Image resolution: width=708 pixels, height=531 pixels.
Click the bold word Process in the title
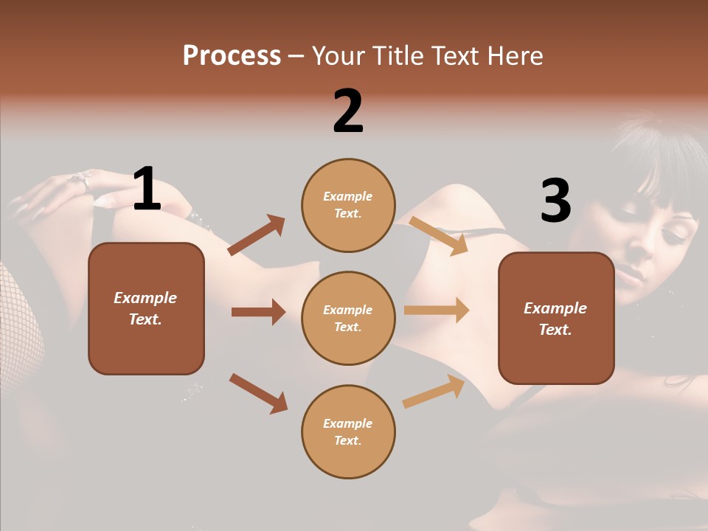232,56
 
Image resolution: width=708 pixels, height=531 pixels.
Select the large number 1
146,189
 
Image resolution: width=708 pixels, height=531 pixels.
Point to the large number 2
348,111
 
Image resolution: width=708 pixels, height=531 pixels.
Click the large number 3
555,201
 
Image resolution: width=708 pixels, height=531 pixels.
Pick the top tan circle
348,204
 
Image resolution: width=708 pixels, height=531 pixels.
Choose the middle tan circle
348,318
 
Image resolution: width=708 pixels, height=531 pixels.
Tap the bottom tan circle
348,431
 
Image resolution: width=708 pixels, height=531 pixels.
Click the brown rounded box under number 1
146,308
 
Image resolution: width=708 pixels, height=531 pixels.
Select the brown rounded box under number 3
556,318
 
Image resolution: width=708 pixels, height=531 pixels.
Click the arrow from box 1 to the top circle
257,235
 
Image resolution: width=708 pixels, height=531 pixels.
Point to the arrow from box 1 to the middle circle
258,312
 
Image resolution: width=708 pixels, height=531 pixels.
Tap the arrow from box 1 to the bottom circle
258,392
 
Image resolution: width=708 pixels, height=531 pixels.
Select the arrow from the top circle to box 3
438,235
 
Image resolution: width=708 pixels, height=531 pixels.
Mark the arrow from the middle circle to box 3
437,310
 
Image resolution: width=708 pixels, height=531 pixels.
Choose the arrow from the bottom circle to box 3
434,392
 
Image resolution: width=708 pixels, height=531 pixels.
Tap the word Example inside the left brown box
145,298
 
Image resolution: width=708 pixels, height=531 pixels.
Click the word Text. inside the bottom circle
348,440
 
